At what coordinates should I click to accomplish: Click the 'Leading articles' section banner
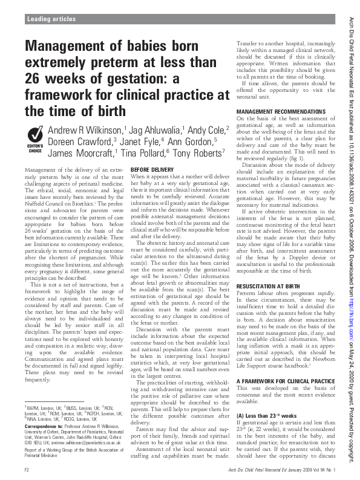pos(47,20)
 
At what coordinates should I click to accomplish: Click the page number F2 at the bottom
pos(27,469)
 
